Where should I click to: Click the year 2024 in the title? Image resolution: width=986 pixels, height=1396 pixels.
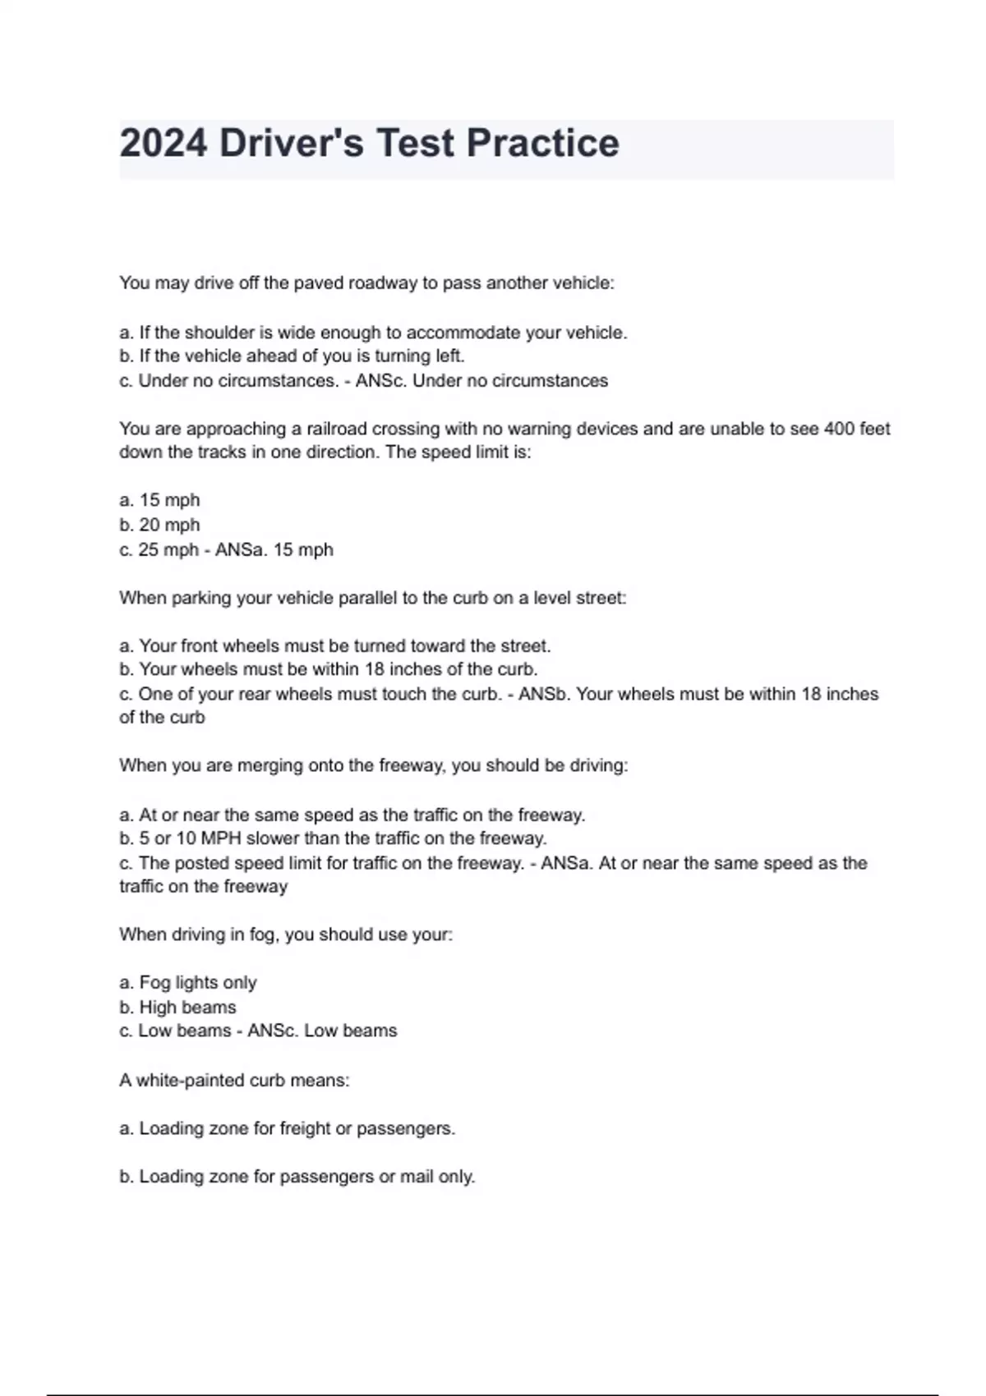coord(163,144)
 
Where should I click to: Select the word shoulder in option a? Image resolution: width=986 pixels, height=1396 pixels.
coord(220,333)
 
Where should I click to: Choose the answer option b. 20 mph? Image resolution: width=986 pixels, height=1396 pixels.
coord(159,525)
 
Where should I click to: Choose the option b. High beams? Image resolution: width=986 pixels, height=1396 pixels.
coord(177,1007)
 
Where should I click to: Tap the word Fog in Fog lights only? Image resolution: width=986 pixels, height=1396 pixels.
coord(154,982)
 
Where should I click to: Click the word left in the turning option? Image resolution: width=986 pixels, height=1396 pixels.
coord(449,356)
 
